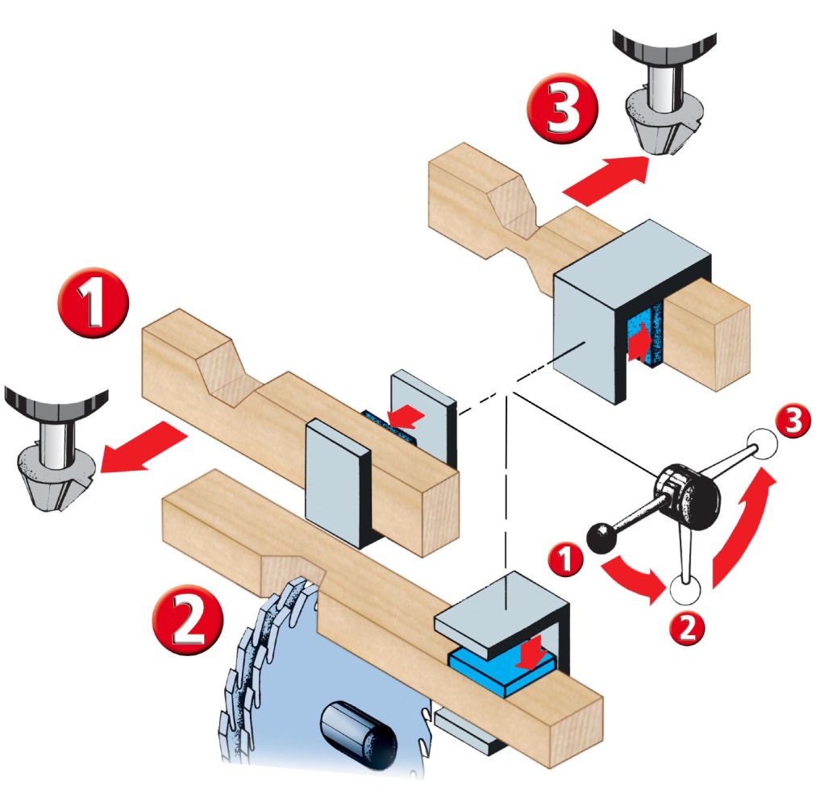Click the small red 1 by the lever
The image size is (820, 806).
[x=568, y=559]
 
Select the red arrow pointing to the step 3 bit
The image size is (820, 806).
[x=606, y=180]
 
